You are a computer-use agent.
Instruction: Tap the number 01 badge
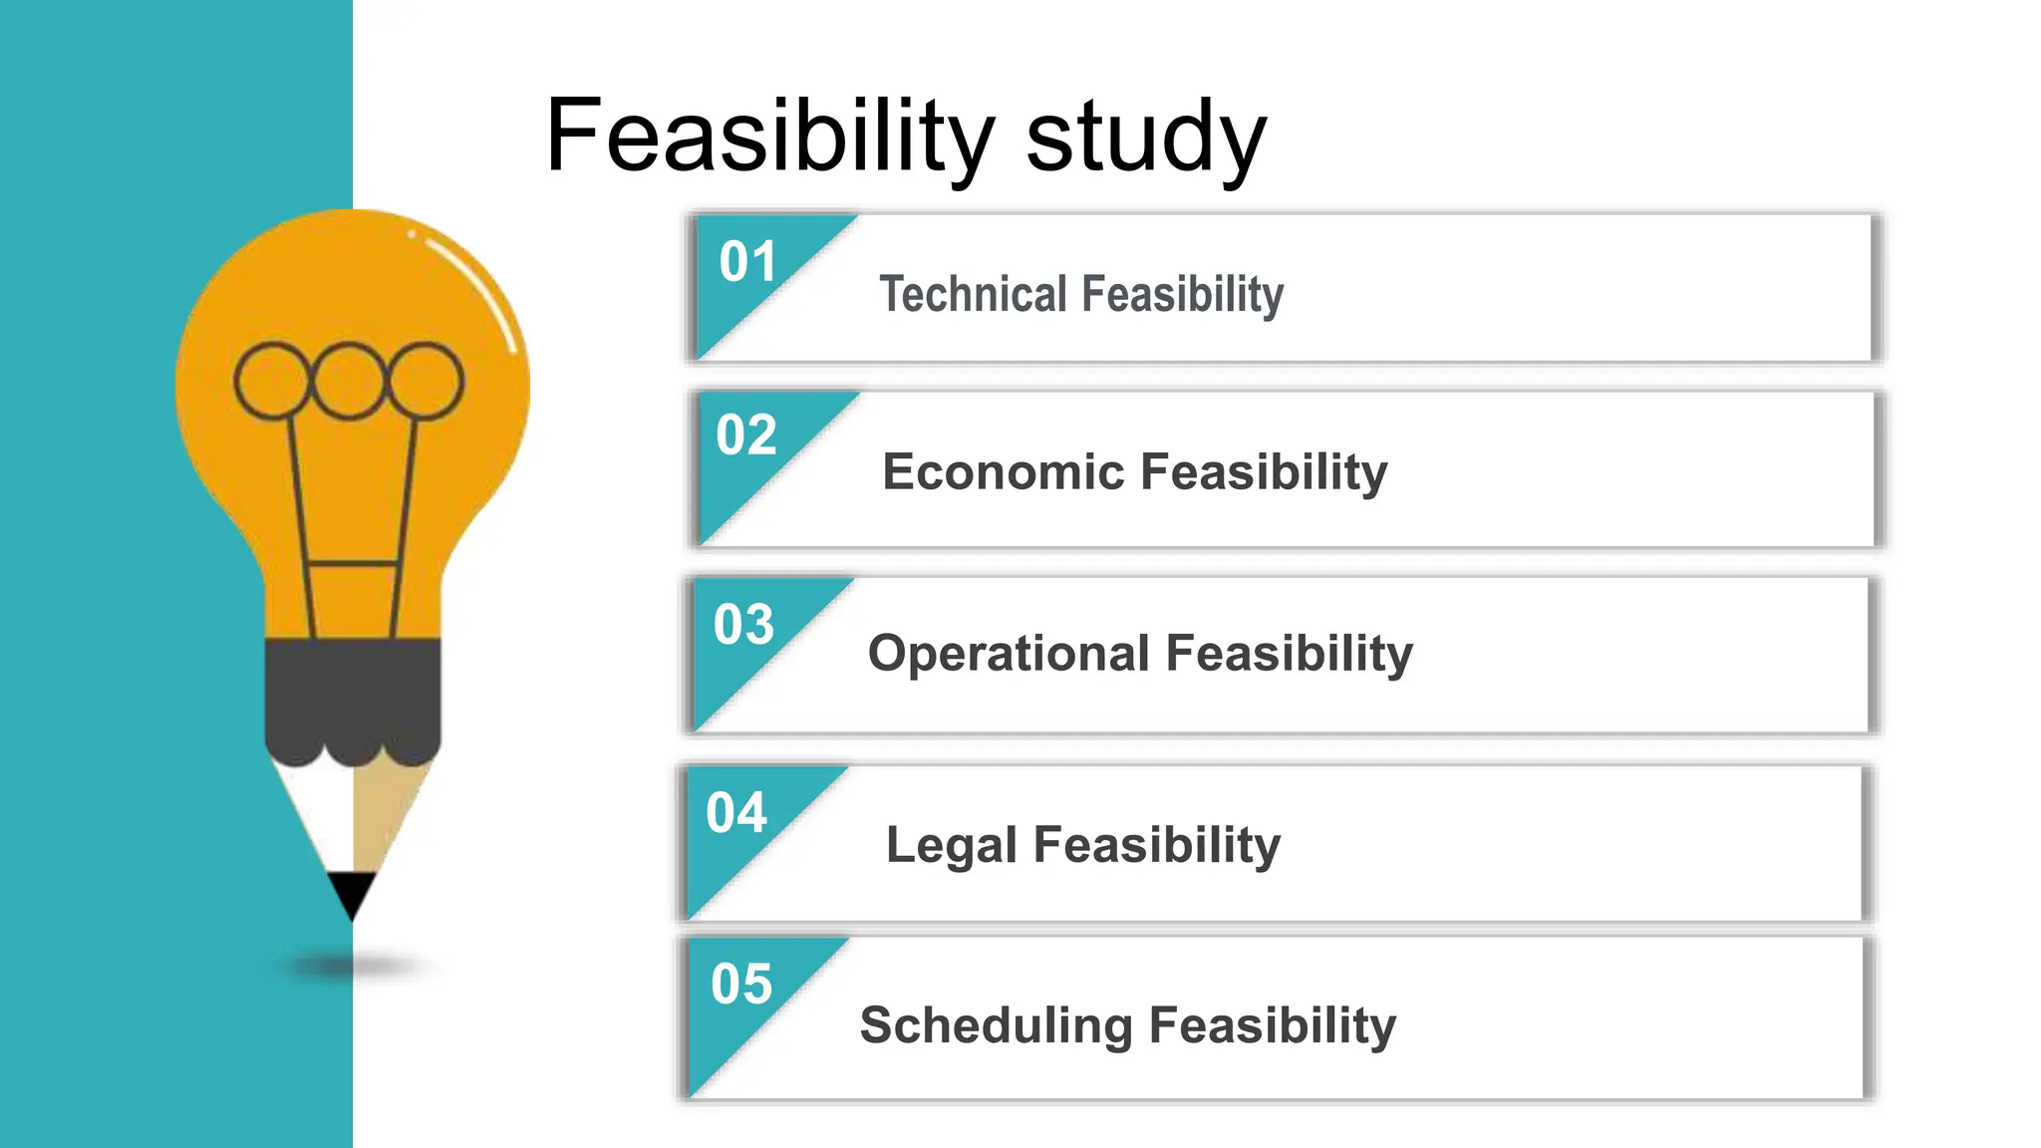coord(747,262)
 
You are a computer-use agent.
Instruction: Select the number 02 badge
coord(745,435)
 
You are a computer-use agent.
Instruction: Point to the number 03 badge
coord(743,625)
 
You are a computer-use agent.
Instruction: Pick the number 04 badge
coord(736,813)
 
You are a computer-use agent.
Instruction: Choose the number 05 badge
coord(741,985)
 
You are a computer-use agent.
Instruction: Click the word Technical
coord(973,294)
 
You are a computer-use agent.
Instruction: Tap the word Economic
coord(1001,471)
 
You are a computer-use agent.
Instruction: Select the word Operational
coord(1009,654)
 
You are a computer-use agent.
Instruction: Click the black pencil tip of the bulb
coord(352,891)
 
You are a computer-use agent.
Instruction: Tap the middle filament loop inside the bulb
coord(349,381)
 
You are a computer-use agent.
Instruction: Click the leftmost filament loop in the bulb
coord(271,381)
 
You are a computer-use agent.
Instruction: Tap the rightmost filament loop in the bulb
coord(426,381)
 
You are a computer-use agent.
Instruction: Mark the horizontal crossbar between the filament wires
coord(353,564)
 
